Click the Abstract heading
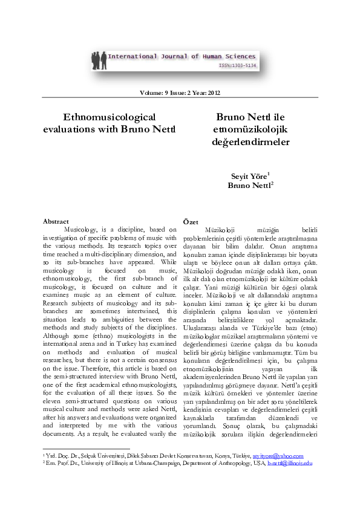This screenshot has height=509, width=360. (56, 222)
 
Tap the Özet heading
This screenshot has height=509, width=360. (190, 223)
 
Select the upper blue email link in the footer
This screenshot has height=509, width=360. (279, 456)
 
